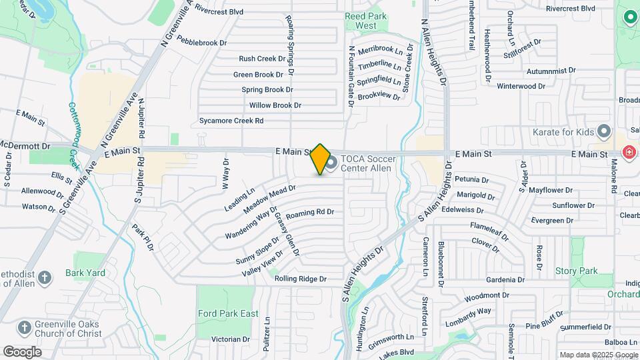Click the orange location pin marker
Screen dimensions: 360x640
[321, 159]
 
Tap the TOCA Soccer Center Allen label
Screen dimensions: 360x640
[366, 163]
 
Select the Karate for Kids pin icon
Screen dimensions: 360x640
[604, 131]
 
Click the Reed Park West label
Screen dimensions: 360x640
[361, 21]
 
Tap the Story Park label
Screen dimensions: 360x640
[576, 271]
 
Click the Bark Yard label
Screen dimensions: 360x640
[85, 273]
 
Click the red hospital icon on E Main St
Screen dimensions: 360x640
[628, 153]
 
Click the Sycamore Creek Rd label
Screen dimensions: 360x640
[231, 121]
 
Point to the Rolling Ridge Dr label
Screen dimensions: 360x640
[300, 279]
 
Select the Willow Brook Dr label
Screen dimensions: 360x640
[275, 105]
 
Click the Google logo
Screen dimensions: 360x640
[22, 351]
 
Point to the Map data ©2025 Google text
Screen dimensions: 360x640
[598, 355]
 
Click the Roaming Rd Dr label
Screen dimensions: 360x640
[309, 212]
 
